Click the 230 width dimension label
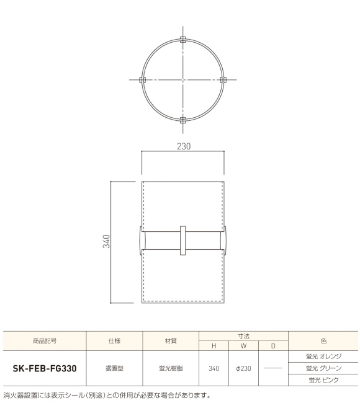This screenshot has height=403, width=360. coord(182,146)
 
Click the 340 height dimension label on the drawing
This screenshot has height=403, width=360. coord(106,241)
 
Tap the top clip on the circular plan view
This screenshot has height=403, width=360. coord(182,40)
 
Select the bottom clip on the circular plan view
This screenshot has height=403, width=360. coord(182,120)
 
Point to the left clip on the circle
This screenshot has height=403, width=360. coord(142,80)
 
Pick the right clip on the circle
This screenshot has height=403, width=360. coord(223,80)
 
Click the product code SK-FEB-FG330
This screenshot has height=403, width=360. coord(45,368)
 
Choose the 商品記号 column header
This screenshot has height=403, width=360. coord(45,340)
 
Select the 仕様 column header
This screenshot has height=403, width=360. coord(114,340)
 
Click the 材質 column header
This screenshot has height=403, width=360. coord(170,340)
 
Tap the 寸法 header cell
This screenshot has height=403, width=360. coord(243,335)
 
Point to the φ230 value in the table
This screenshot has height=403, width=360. coord(243,368)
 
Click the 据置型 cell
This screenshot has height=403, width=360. coord(114,368)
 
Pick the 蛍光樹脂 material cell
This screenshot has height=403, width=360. coord(170,368)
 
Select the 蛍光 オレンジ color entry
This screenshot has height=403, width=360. coord(323,356)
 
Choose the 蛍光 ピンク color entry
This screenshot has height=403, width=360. coord(323,379)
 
